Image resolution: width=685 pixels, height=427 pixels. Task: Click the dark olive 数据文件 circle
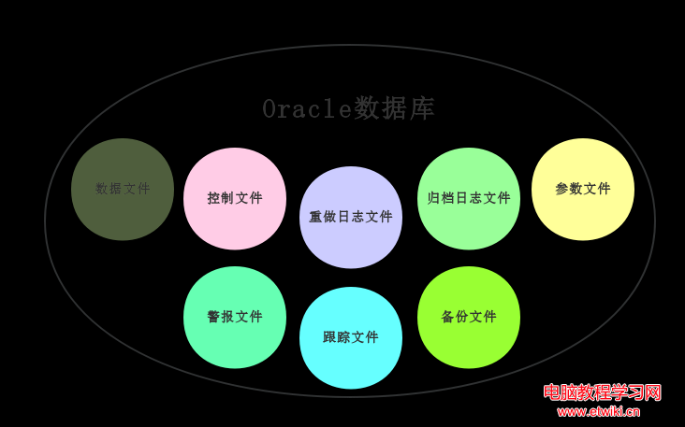(123, 190)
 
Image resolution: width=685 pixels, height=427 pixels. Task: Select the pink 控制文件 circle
(235, 199)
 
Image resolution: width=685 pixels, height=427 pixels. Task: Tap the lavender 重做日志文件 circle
(351, 217)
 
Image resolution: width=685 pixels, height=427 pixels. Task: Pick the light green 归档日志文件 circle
(469, 199)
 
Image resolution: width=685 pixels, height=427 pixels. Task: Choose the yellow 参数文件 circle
(583, 190)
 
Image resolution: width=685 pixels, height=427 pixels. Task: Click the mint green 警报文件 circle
(235, 318)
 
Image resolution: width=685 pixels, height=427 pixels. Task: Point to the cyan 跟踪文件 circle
(351, 338)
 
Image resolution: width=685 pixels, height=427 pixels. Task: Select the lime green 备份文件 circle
(469, 318)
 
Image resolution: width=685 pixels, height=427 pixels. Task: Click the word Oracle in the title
(307, 109)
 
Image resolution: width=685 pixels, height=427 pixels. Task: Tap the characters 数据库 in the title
(394, 108)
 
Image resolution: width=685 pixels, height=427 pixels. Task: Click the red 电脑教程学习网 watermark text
(603, 392)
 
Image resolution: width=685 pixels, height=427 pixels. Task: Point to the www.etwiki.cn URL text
(599, 411)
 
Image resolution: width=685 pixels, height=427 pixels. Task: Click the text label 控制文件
(235, 198)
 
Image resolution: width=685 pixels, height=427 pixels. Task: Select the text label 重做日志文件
(351, 217)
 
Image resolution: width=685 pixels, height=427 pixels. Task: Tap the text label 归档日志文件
(469, 198)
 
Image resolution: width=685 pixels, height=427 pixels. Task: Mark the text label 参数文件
(583, 189)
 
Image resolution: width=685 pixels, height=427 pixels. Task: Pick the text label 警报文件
(235, 316)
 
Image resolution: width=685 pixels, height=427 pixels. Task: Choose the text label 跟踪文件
(351, 337)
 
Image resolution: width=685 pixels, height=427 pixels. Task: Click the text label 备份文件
(469, 316)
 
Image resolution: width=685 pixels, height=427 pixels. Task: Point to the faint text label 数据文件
(123, 189)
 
